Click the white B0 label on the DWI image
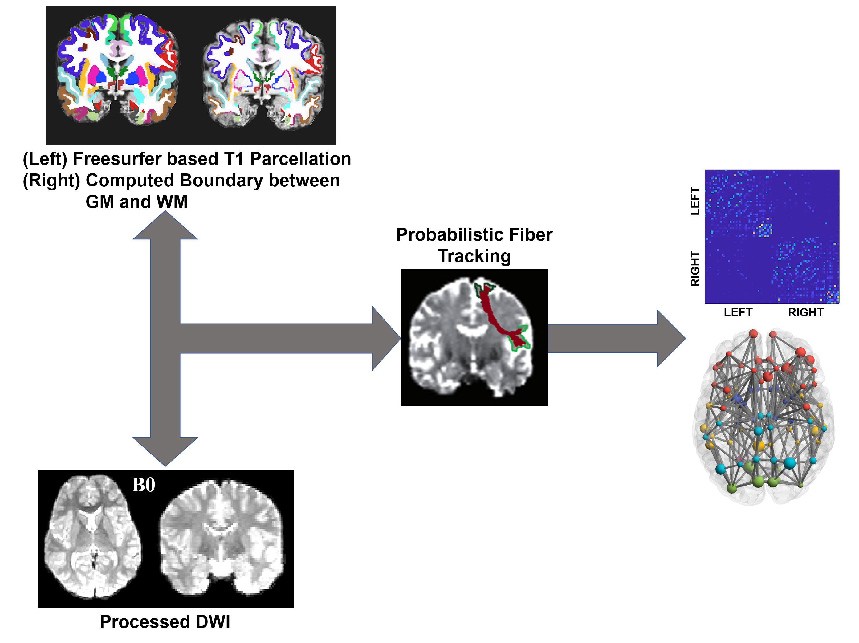(x=143, y=485)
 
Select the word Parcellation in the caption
(x=300, y=159)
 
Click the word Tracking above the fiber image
(x=474, y=256)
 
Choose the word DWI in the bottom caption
(x=213, y=622)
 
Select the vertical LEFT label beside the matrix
(x=695, y=201)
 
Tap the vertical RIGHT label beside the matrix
(x=695, y=269)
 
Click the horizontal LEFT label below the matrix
(x=738, y=313)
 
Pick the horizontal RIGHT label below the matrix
(x=805, y=313)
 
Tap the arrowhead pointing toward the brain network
(x=671, y=338)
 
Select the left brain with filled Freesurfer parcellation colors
(x=118, y=70)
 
